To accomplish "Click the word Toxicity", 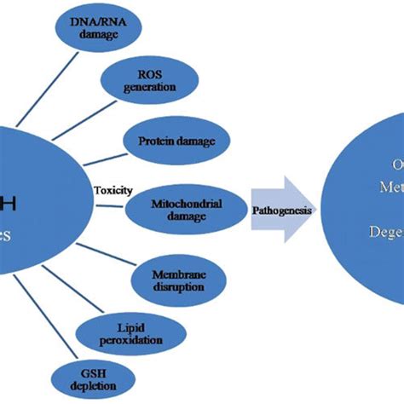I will tap(113, 191).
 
